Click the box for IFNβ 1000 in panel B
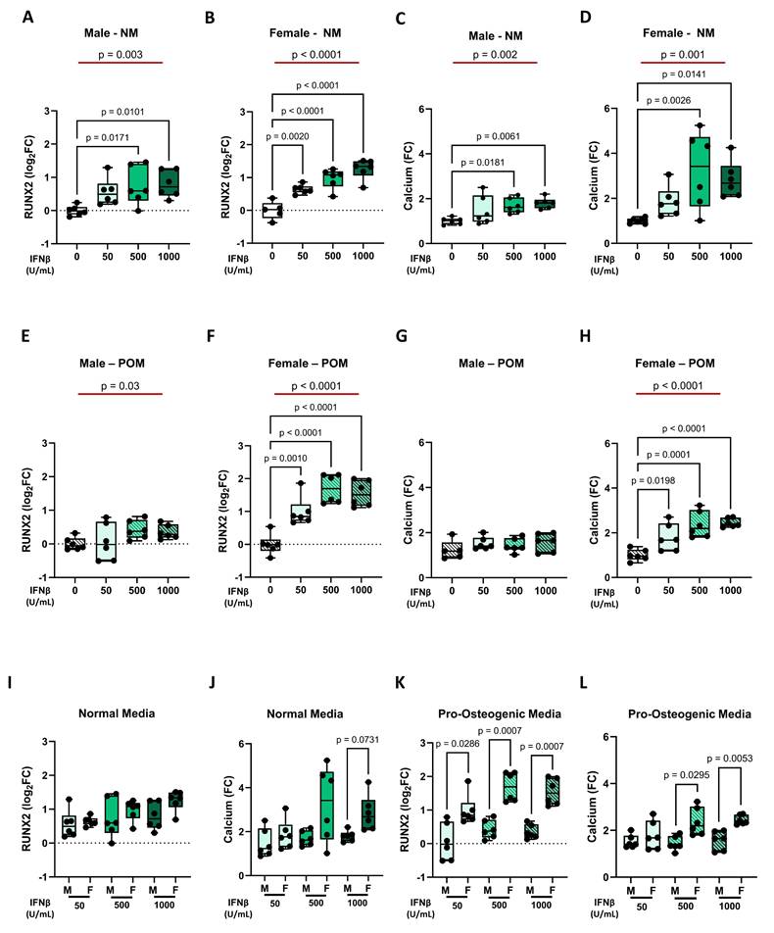point(362,167)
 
